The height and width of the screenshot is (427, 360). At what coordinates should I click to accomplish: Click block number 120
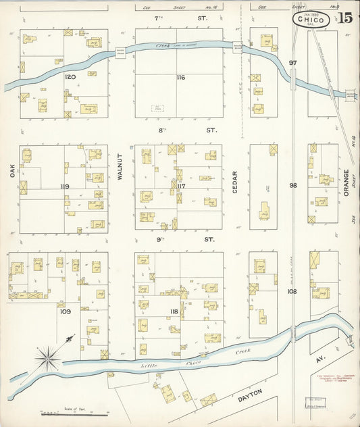click(69, 77)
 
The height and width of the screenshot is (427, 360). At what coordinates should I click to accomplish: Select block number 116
click(180, 78)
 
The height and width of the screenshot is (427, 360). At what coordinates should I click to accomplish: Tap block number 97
click(292, 63)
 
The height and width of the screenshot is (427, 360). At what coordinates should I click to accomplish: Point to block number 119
click(65, 186)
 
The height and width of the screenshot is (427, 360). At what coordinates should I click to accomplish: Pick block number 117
click(180, 186)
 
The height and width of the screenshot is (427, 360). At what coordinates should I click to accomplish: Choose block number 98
click(292, 185)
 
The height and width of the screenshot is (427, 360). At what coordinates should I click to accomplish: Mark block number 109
click(64, 311)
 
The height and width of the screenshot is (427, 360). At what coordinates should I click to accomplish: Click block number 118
click(174, 311)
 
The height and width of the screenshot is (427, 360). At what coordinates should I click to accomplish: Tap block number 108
click(292, 292)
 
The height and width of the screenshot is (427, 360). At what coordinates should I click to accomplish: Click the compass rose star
click(47, 357)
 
